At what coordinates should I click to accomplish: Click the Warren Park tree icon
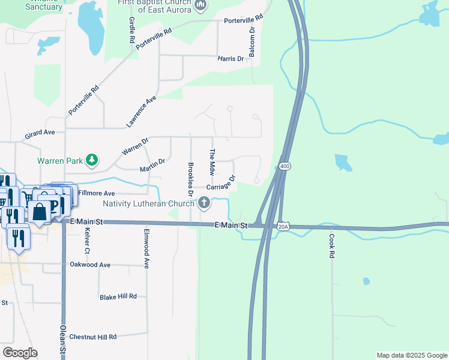pyautogui.click(x=92, y=160)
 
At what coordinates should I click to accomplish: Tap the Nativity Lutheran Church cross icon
pyautogui.click(x=204, y=203)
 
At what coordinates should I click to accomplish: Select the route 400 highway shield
pyautogui.click(x=285, y=166)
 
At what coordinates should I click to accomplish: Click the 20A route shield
pyautogui.click(x=284, y=226)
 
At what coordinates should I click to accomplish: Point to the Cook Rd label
pyautogui.click(x=331, y=245)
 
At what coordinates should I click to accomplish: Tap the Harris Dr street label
pyautogui.click(x=231, y=59)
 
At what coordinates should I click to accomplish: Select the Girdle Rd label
pyautogui.click(x=131, y=29)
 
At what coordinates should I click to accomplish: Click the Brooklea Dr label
pyautogui.click(x=190, y=179)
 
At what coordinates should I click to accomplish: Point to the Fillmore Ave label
pyautogui.click(x=96, y=194)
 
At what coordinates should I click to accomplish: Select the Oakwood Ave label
pyautogui.click(x=90, y=265)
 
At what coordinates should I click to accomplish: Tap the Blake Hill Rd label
pyautogui.click(x=118, y=297)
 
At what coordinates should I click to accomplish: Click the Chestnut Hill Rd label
pyautogui.click(x=92, y=337)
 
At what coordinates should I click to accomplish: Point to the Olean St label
pyautogui.click(x=62, y=342)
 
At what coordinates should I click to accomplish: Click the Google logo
pyautogui.click(x=20, y=353)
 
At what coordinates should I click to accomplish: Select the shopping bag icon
pyautogui.click(x=40, y=212)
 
